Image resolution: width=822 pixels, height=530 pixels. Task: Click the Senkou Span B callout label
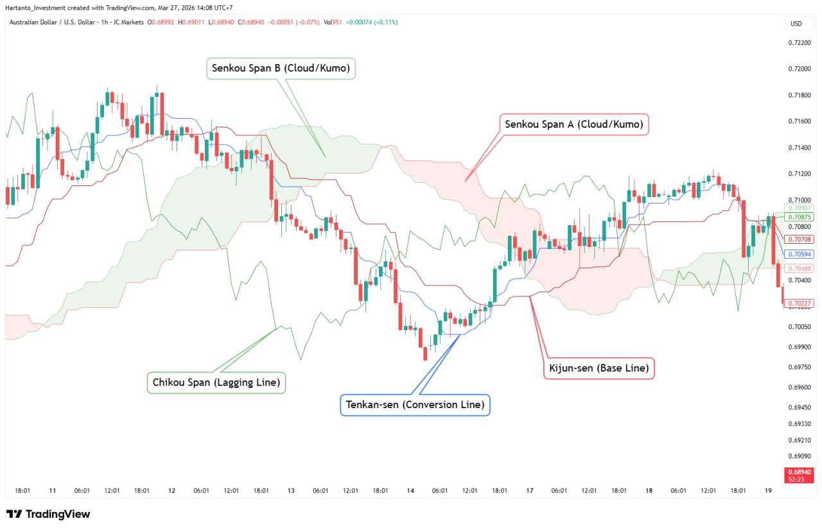(x=281, y=68)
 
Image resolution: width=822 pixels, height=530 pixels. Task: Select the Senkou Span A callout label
(x=573, y=124)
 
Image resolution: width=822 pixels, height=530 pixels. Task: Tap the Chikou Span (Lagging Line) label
(x=216, y=383)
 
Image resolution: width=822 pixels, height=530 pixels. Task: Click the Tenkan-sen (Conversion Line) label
(x=415, y=405)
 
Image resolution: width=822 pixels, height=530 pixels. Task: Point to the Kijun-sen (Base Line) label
(x=599, y=368)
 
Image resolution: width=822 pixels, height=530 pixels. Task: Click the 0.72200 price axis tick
(x=799, y=42)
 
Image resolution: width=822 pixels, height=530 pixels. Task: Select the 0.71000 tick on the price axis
(x=799, y=200)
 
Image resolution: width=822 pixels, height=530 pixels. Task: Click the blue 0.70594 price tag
(x=800, y=254)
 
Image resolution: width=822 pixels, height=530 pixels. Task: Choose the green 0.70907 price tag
(x=800, y=208)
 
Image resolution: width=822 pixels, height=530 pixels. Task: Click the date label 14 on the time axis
(x=410, y=491)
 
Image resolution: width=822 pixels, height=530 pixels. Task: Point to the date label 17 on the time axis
(x=530, y=491)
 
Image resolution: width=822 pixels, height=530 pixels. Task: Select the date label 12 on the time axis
(x=171, y=491)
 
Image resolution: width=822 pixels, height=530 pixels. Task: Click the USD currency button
(x=796, y=24)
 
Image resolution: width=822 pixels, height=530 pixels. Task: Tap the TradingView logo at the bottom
(x=48, y=514)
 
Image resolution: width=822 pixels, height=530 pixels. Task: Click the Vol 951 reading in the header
(x=332, y=22)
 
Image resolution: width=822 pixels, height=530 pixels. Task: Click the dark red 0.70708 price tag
(x=800, y=239)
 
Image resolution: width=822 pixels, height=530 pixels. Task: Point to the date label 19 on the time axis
(x=769, y=491)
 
